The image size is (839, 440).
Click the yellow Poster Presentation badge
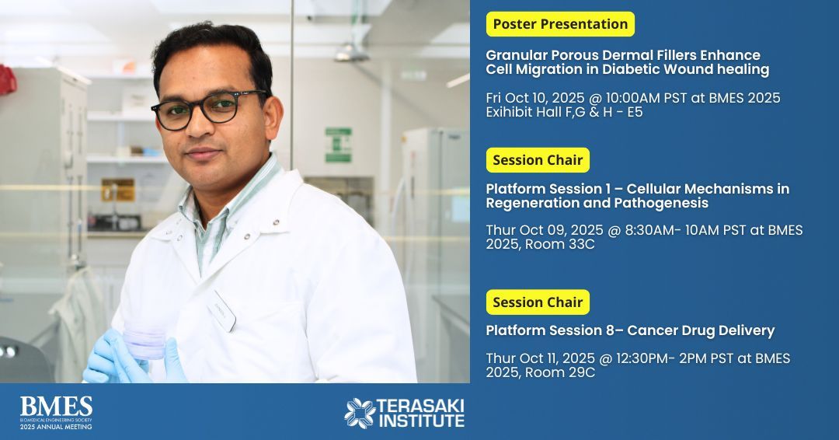coord(560,24)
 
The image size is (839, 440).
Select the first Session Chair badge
coord(538,160)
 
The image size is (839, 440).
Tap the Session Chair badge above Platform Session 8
coord(538,302)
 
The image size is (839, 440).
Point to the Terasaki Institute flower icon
coord(360,413)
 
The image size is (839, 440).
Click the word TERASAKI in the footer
coord(420,405)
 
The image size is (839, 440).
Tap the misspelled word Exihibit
coord(511,112)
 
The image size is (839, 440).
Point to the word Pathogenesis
coord(662,203)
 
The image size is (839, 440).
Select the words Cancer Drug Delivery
coord(701,330)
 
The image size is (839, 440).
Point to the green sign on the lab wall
coord(338,145)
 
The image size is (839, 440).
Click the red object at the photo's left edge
coord(7,79)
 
